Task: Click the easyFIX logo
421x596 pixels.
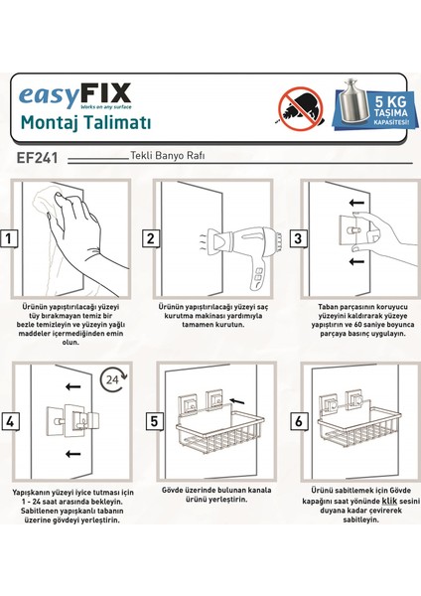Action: [x=74, y=96]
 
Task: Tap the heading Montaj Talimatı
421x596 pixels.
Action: [x=85, y=123]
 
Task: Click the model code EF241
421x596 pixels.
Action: [x=38, y=158]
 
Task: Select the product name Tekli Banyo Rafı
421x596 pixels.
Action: [x=168, y=156]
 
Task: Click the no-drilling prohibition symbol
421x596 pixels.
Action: [x=301, y=108]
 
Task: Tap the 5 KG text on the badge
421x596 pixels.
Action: [x=390, y=102]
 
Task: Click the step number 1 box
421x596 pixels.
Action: [x=8, y=239]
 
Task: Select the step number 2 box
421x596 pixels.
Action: [x=151, y=238]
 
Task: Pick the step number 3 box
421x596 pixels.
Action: [x=298, y=238]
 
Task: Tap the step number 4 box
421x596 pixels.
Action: [x=10, y=421]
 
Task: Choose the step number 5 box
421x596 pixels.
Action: [x=154, y=421]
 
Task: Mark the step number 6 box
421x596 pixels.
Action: [x=299, y=421]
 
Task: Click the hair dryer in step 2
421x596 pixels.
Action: [x=241, y=252]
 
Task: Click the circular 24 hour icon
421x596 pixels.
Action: [x=113, y=379]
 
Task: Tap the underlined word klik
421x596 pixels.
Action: [x=389, y=501]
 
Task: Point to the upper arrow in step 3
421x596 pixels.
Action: [x=356, y=203]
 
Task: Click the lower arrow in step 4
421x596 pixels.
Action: [x=72, y=454]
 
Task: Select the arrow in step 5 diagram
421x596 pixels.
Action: [x=237, y=400]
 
